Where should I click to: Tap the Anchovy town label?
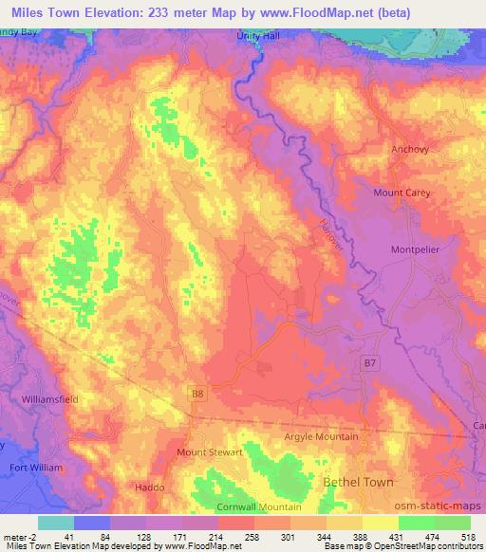tap(410, 149)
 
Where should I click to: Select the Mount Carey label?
tap(402, 193)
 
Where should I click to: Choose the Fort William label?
tap(36, 468)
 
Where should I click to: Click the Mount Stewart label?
tap(210, 452)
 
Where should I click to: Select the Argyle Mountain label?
tap(322, 436)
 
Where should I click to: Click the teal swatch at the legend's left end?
tap(55, 523)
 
